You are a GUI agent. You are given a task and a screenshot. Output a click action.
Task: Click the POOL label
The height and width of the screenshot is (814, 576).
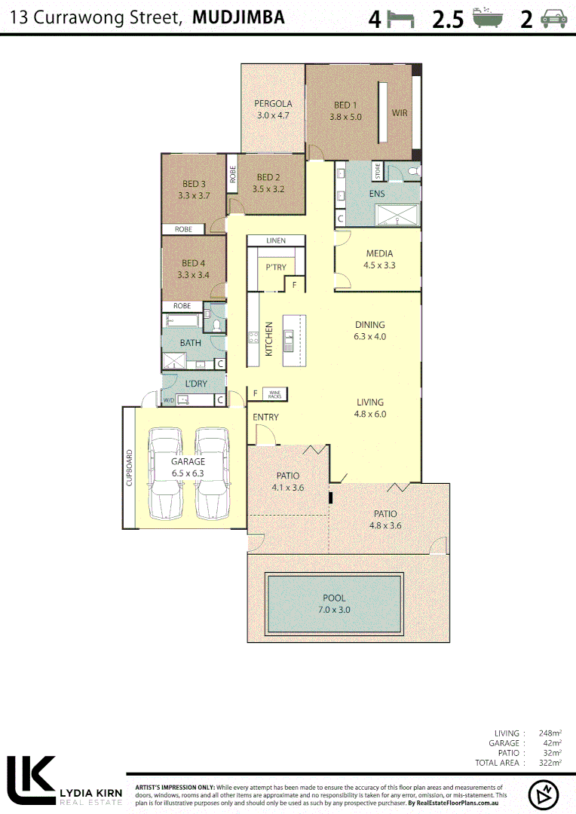click(x=335, y=598)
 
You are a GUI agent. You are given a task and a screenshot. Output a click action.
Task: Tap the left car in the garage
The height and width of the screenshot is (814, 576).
click(x=165, y=473)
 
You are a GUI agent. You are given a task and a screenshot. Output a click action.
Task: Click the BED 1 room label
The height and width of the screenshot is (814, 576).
click(x=345, y=106)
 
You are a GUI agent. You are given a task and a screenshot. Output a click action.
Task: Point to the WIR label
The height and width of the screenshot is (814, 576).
click(x=400, y=113)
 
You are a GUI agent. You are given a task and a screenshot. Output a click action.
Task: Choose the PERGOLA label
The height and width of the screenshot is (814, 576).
click(x=273, y=104)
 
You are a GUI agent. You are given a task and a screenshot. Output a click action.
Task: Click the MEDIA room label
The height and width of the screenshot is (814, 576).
click(x=379, y=254)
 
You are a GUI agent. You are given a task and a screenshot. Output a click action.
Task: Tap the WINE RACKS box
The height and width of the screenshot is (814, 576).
click(x=274, y=393)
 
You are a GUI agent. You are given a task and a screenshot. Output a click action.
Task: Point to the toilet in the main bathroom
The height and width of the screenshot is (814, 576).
click(x=217, y=326)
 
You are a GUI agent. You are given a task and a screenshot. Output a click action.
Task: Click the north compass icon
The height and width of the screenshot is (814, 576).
click(x=543, y=794)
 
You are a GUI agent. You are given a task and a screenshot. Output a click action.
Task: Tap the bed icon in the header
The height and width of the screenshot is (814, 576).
click(x=402, y=20)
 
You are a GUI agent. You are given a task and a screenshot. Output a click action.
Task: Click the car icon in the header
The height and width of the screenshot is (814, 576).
click(x=554, y=20)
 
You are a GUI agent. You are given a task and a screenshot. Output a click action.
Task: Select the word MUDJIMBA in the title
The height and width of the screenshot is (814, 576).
click(x=238, y=17)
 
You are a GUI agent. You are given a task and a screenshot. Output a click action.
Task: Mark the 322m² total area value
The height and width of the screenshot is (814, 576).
click(x=550, y=763)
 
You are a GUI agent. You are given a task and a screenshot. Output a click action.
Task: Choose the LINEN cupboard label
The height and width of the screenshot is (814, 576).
click(x=276, y=240)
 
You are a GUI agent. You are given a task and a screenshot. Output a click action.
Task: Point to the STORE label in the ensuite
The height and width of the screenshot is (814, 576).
click(x=378, y=172)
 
